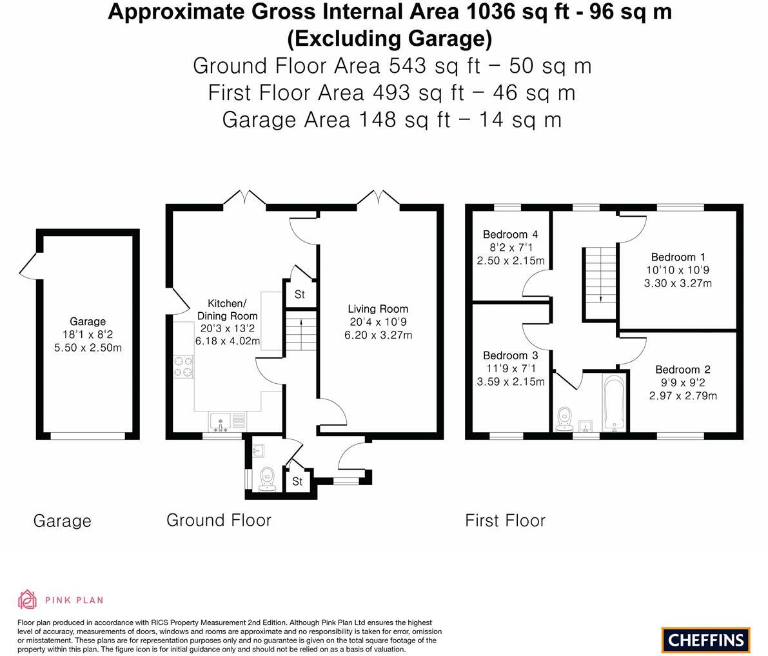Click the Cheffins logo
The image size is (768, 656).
[705, 639]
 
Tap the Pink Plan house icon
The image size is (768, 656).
[27, 599]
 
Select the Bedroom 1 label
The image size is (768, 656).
[673, 257]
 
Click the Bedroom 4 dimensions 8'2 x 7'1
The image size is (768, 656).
[510, 248]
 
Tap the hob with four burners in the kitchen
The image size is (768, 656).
[183, 366]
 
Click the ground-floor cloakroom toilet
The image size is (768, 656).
[267, 478]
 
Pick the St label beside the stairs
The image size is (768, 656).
[299, 295]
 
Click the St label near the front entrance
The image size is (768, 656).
[297, 482]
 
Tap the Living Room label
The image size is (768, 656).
[378, 309]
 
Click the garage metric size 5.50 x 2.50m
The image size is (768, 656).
[88, 348]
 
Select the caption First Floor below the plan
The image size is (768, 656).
[505, 521]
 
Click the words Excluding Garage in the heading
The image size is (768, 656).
[389, 39]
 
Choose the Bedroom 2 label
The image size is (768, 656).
[682, 370]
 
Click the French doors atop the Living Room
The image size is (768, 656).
[378, 197]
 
